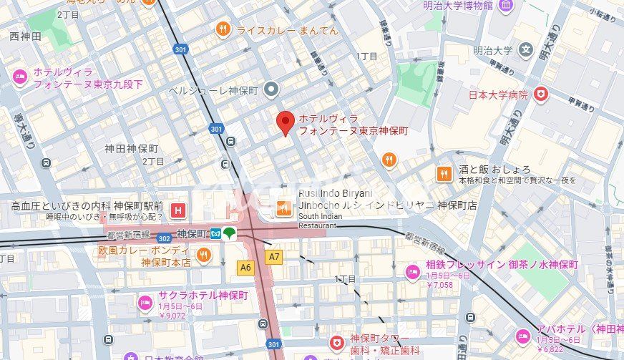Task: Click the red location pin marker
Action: [286, 123]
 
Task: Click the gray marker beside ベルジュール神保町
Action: [271, 89]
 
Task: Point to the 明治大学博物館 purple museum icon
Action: [506, 6]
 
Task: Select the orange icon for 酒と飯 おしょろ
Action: [444, 174]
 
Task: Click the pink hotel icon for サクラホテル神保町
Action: [145, 301]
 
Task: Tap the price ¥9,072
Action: [172, 315]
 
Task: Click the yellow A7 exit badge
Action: [273, 256]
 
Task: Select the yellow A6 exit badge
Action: [245, 266]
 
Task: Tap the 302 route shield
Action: [164, 238]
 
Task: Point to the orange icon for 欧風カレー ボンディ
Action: [204, 256]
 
